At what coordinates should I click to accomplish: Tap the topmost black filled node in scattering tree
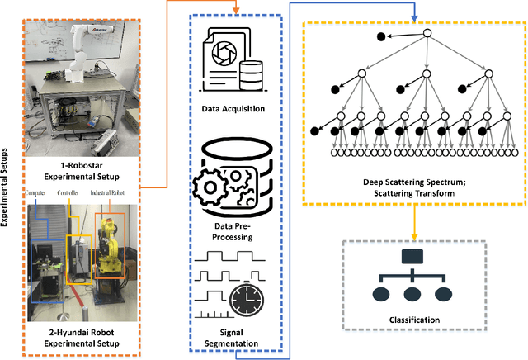point(380,36)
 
